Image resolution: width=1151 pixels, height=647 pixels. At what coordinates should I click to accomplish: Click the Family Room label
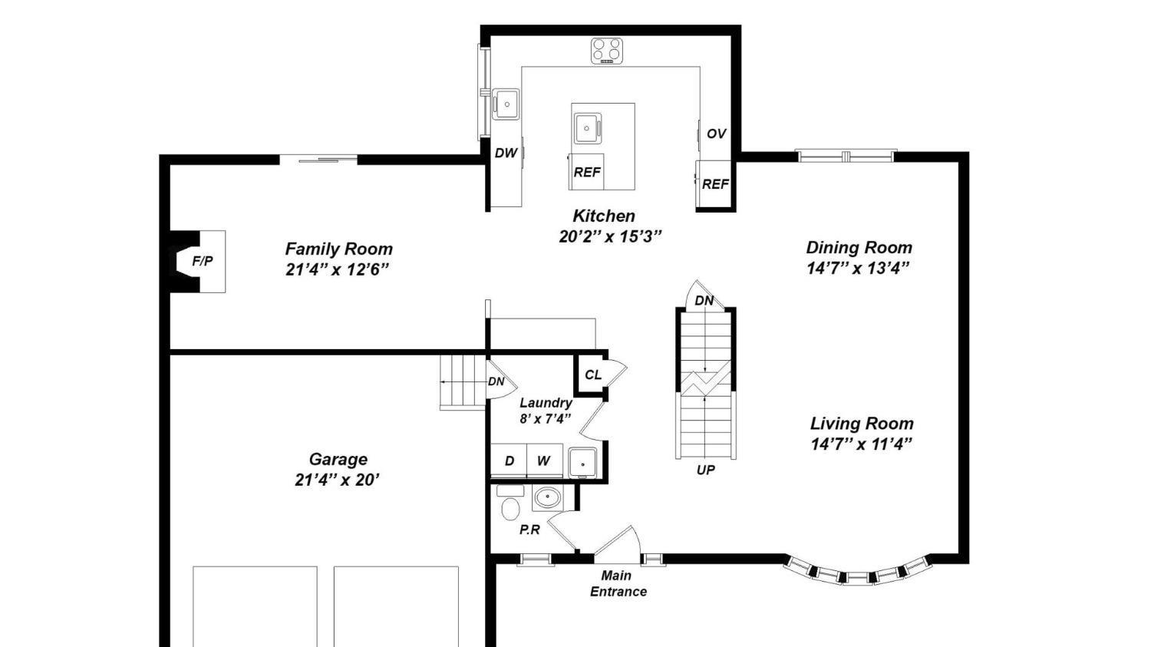pos(338,249)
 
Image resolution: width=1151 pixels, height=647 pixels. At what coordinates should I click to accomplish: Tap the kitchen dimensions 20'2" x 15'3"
pos(610,236)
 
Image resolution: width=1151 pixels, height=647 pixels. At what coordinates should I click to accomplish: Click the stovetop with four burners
pos(607,51)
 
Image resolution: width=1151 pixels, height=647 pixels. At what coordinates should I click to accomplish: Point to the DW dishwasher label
pos(506,153)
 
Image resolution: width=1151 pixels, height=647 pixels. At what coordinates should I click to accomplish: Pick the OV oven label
pos(716,134)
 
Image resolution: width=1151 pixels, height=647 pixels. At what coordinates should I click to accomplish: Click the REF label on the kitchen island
pos(587,172)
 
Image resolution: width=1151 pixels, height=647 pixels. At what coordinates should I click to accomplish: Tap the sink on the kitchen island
pos(587,128)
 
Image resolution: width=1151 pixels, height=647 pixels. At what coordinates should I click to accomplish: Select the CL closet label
pos(593,375)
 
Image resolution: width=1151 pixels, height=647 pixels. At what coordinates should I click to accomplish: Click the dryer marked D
pos(509,460)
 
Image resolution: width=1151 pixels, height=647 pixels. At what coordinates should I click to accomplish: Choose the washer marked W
pos(544,460)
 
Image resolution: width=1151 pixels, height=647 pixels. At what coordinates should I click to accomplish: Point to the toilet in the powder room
pos(510,502)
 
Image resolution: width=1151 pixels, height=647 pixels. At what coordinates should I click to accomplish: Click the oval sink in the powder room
pos(547,497)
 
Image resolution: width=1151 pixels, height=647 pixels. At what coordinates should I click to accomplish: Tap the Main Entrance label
pos(618,583)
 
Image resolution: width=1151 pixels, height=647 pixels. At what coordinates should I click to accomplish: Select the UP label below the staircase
pos(705,470)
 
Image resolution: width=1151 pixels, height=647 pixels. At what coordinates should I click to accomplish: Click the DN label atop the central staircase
pos(704,301)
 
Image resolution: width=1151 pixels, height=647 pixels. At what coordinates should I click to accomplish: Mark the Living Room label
pos(862,424)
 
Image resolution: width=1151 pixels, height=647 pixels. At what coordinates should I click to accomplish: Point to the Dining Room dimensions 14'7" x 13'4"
pos(858,269)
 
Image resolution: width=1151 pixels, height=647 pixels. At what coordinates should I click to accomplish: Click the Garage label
pos(338,459)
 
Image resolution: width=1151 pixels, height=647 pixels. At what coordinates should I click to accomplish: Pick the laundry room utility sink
pos(582,463)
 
